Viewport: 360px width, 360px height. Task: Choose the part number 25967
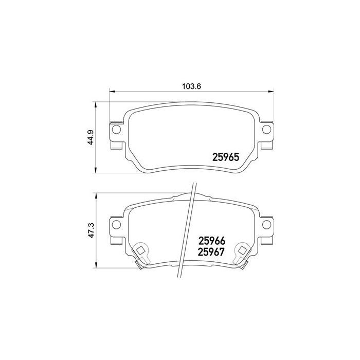pyautogui.click(x=212, y=252)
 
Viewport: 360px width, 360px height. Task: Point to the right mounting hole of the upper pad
pyautogui.click(x=266, y=129)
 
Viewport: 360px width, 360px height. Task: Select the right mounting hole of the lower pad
pyautogui.click(x=266, y=225)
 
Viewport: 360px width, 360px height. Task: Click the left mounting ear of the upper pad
pyautogui.click(x=116, y=135)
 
